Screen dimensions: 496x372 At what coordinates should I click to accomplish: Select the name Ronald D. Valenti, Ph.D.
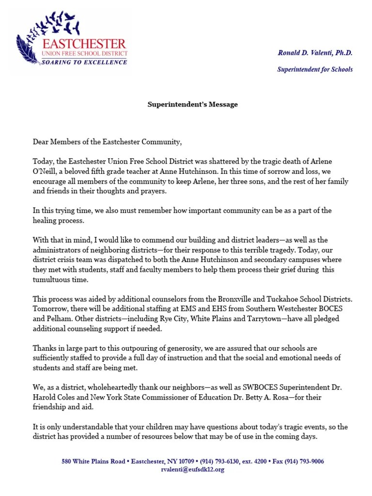(315, 53)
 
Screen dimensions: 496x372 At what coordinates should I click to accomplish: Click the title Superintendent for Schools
(315, 69)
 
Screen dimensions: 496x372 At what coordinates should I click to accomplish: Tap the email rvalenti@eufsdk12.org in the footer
(193, 469)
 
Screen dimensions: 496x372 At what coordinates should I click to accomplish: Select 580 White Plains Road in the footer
(93, 462)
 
